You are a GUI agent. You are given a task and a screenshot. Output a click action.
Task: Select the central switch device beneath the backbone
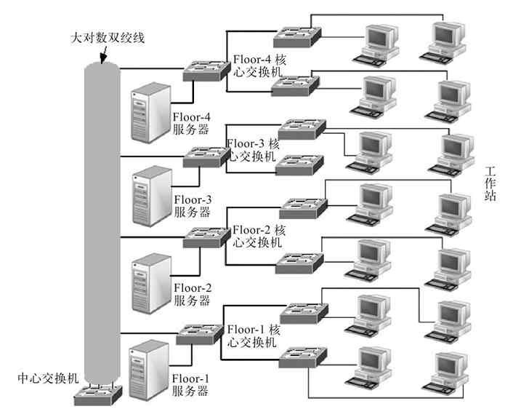click(97, 396)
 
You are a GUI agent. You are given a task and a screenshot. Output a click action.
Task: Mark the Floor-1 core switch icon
click(198, 332)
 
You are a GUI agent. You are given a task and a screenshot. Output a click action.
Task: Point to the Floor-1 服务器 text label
click(191, 385)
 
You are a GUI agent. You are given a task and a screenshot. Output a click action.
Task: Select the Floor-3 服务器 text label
click(193, 206)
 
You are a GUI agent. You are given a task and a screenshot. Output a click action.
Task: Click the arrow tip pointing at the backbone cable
click(104, 63)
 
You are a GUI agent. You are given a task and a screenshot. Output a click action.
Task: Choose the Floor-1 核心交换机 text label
click(254, 335)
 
